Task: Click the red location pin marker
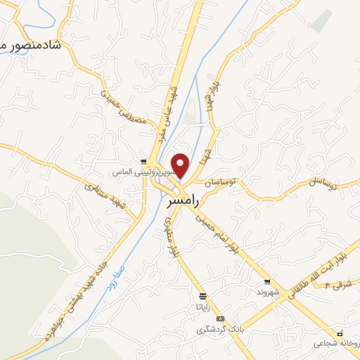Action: coord(181,165)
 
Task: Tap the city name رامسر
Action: coord(185,201)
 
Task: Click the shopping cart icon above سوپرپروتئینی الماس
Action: coord(143,160)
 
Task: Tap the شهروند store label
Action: coord(267,292)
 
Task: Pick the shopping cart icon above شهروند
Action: coord(267,282)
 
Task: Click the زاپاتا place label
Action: coord(203,307)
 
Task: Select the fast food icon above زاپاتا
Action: coord(203,296)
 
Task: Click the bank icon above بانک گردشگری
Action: coord(221,319)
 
